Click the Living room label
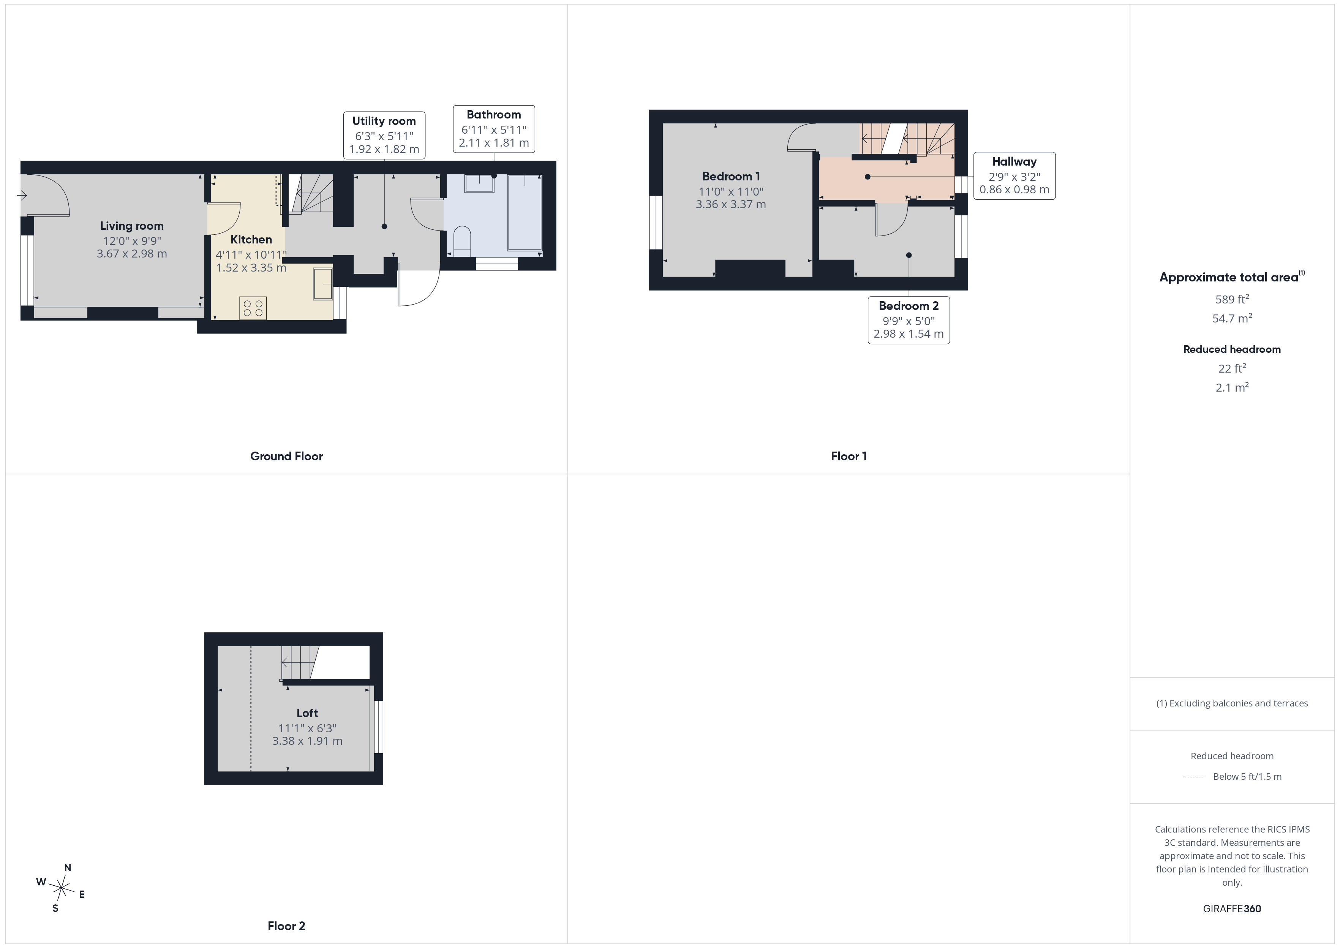click(132, 226)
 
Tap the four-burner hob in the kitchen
click(253, 308)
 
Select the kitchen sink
click(323, 284)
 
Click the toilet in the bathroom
click(462, 241)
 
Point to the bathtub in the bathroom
click(525, 212)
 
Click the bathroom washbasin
click(479, 183)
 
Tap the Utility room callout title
click(384, 121)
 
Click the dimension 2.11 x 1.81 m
click(494, 143)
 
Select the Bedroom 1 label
click(731, 176)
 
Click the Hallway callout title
click(1014, 162)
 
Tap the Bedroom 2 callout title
click(909, 306)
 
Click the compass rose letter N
click(68, 867)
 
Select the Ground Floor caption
click(286, 457)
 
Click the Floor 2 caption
click(286, 926)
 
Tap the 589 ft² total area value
click(1232, 299)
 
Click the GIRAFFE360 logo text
click(1232, 909)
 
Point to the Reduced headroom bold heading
click(1232, 349)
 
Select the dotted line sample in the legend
click(1194, 777)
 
